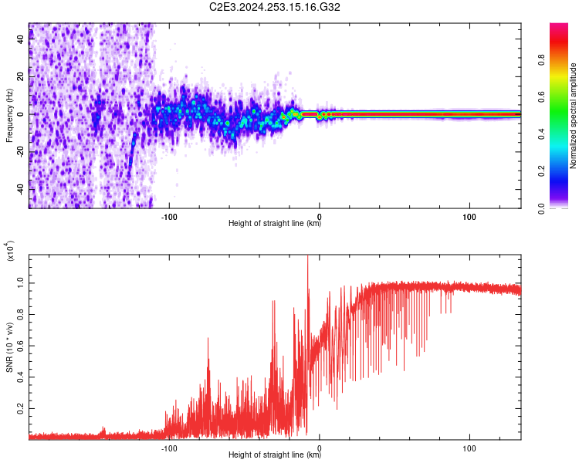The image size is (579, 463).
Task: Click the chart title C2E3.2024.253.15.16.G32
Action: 274,7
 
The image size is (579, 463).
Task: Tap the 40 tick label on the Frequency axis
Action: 21,39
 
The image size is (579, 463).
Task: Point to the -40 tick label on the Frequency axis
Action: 21,190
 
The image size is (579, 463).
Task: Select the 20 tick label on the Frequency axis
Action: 21,77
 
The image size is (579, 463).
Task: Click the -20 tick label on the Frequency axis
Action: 21,153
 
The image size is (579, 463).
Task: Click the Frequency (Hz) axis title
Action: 9,116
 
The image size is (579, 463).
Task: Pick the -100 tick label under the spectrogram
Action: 169,217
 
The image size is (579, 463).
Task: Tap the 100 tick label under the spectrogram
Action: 469,217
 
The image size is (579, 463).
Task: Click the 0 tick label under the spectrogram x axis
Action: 320,217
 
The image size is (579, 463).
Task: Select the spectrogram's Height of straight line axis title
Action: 275,223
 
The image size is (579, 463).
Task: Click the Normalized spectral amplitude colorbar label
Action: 573,116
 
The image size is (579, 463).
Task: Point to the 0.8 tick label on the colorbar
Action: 541,60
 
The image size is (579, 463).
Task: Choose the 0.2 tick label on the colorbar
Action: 541,171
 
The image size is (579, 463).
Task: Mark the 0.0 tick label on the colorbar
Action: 541,208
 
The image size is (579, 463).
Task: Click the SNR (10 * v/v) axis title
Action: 9,347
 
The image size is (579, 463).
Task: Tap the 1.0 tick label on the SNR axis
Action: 21,283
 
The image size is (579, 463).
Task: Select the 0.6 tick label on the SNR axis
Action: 21,346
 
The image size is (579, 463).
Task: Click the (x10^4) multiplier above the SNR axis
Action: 10,251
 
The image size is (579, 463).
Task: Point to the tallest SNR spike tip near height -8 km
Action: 307,255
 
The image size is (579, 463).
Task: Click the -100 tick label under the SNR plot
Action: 169,448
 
